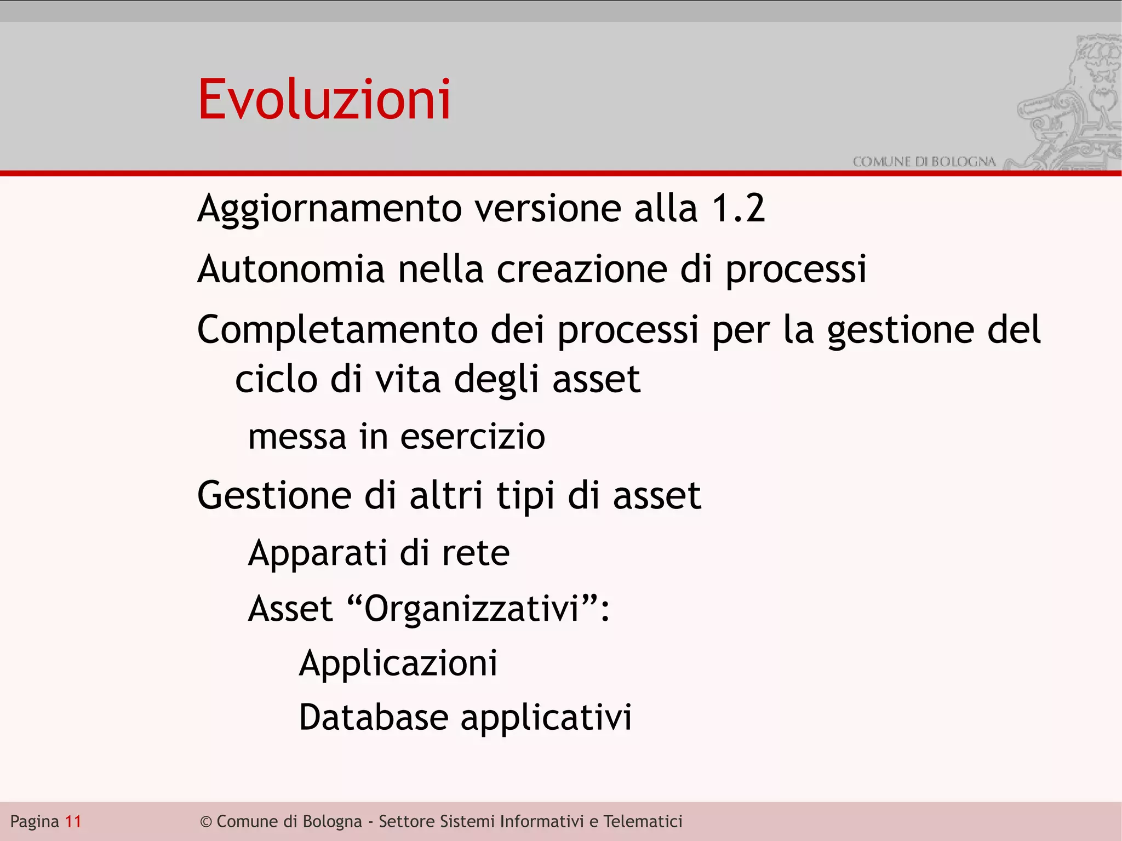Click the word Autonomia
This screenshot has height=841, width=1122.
(x=291, y=270)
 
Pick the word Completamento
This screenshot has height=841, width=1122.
(x=337, y=330)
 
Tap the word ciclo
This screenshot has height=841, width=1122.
(x=276, y=379)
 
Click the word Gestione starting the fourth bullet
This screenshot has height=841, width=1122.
(x=274, y=495)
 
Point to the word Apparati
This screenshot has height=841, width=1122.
(x=317, y=553)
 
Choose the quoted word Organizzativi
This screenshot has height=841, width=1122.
(x=472, y=609)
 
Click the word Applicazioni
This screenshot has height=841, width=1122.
(x=398, y=664)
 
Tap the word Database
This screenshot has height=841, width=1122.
(x=374, y=717)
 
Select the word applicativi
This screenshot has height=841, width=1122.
(x=546, y=718)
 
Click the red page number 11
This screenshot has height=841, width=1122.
(x=73, y=821)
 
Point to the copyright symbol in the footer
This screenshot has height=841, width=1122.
(x=205, y=822)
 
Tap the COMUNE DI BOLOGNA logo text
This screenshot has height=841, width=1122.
(x=924, y=162)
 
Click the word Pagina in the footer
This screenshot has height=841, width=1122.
(x=35, y=822)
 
